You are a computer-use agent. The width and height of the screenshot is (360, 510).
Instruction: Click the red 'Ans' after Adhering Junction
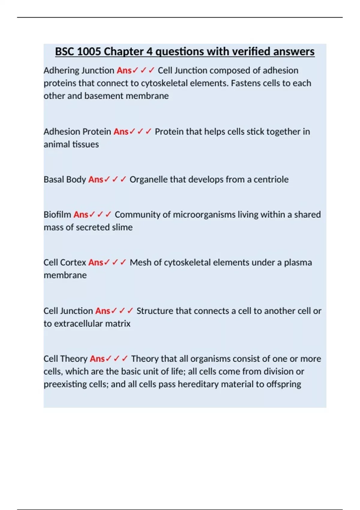[124, 70]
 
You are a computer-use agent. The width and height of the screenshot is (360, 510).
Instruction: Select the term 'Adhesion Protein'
[77, 132]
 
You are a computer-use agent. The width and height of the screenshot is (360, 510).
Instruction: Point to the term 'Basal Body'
[65, 179]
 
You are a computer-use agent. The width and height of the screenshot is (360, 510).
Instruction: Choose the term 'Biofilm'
[57, 214]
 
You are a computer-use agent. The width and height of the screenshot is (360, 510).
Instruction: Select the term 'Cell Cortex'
[65, 262]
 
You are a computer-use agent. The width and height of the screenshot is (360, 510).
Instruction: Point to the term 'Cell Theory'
[65, 359]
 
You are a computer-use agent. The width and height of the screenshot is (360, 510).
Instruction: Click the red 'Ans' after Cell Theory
[97, 359]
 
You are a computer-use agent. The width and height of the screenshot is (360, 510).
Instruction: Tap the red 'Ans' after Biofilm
[81, 214]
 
